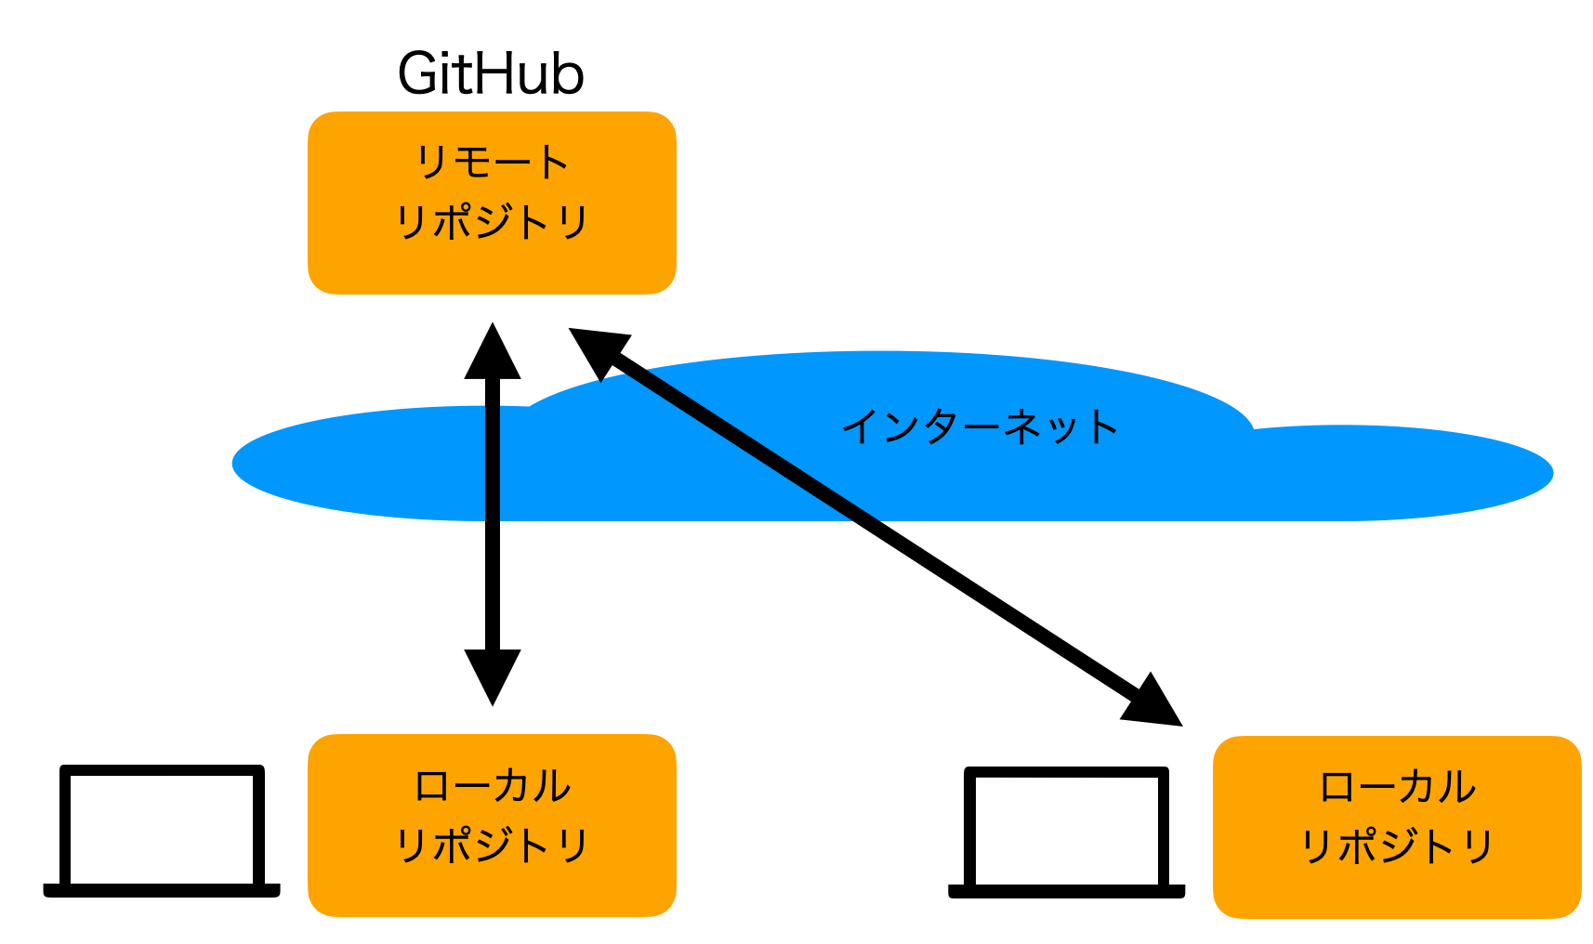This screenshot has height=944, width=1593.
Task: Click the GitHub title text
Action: (x=491, y=73)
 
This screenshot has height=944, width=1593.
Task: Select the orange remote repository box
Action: (x=492, y=203)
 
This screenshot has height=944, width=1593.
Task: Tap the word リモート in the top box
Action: (x=492, y=162)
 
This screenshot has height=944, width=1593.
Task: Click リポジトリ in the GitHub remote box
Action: (x=492, y=222)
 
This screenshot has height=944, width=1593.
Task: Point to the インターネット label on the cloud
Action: (x=980, y=427)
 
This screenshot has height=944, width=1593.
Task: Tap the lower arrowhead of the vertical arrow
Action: (x=493, y=677)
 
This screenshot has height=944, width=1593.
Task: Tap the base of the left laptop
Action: (x=162, y=891)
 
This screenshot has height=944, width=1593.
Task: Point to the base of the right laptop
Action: (x=1067, y=892)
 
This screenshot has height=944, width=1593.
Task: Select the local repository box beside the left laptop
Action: (x=492, y=825)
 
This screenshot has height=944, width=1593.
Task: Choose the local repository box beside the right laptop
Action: (x=1398, y=827)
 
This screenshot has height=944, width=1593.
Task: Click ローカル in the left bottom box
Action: (x=492, y=785)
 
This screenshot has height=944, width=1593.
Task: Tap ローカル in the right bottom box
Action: (x=1398, y=787)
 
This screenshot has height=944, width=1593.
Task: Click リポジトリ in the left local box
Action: (x=492, y=846)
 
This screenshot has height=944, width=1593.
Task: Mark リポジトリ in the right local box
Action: (x=1398, y=846)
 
